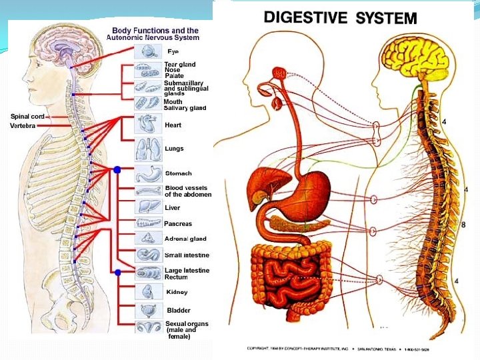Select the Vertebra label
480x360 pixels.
point(23,126)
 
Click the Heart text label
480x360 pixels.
point(173,125)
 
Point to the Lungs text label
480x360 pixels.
point(174,149)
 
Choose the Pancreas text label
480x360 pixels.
point(178,224)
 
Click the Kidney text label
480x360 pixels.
point(177,292)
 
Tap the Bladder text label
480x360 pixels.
point(178,310)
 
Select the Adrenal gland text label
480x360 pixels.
point(185,239)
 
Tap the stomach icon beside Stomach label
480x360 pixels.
point(146,174)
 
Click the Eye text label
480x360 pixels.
point(173,51)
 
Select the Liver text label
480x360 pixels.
point(172,208)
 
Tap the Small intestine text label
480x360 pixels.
point(187,255)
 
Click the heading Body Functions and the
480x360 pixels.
point(155,31)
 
